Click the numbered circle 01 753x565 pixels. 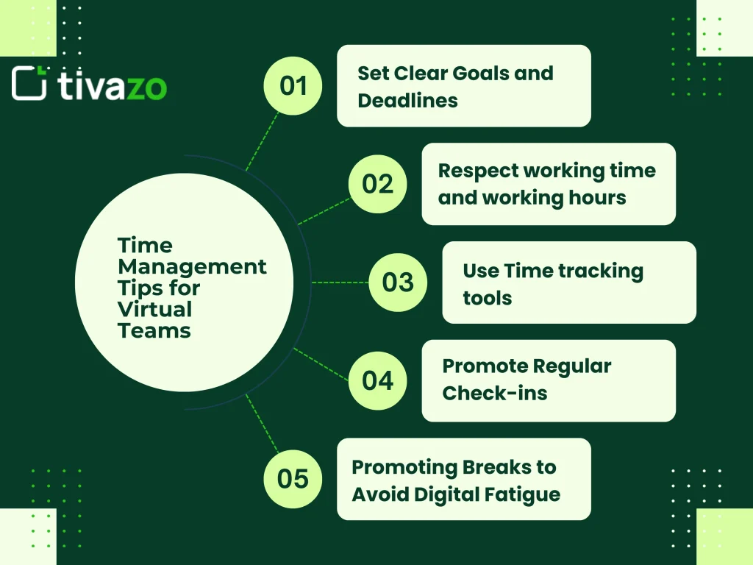293,86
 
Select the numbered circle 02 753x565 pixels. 377,184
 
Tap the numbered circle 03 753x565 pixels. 398,282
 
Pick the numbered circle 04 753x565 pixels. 377,380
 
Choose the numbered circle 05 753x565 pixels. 293,479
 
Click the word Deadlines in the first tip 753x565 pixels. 407,100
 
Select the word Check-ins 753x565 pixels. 495,393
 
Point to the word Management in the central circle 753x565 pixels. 193,266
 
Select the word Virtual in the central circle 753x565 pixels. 155,309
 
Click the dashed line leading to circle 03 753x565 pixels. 340,282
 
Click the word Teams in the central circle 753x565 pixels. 154,330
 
